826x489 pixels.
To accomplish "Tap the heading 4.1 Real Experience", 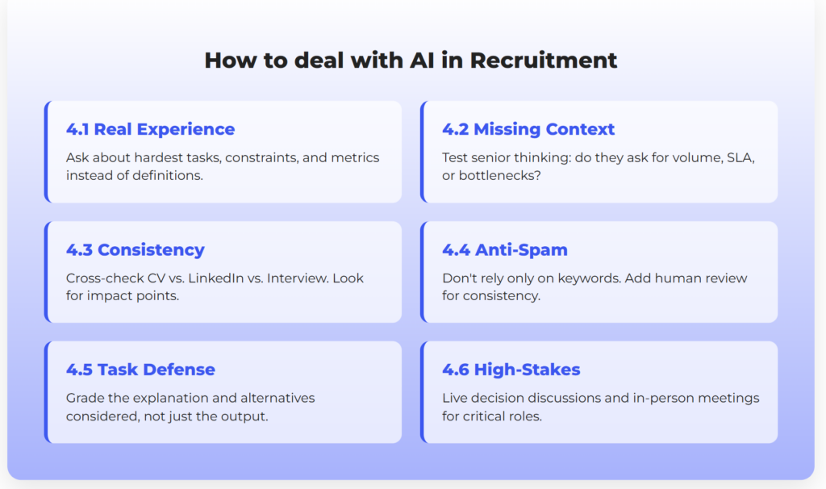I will (150, 129).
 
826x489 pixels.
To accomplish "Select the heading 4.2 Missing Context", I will (528, 129).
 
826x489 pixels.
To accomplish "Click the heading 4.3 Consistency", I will (135, 249).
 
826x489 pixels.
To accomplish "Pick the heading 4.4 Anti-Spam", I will (506, 249).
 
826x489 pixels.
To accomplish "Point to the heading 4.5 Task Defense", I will (140, 370).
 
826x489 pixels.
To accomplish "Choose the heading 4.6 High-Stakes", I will (511, 370).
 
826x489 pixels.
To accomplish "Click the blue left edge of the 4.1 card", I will (47, 151).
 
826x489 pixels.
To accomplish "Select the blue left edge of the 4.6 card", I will (423, 391).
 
